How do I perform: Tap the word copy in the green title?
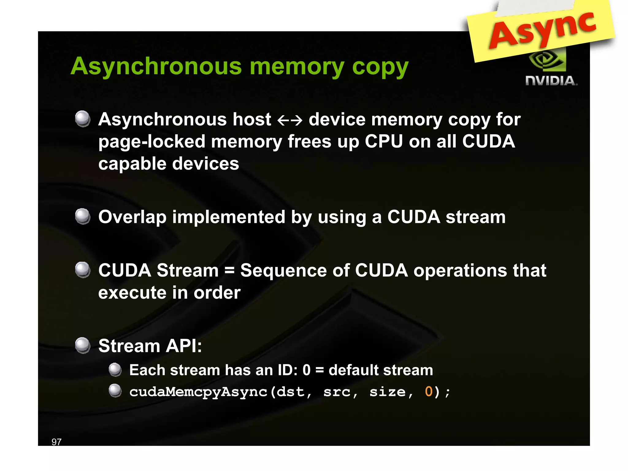pos(380,67)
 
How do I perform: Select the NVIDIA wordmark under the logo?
pos(551,81)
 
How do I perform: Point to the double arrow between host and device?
pos(290,120)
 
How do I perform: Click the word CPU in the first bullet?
pos(384,142)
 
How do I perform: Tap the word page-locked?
pos(152,142)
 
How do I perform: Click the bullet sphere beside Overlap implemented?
pos(83,216)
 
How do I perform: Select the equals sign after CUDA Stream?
pos(229,270)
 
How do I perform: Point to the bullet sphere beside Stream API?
pos(83,346)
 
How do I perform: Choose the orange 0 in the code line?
pos(429,392)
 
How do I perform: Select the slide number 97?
pos(56,442)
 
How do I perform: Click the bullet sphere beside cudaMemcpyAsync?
pos(115,391)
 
